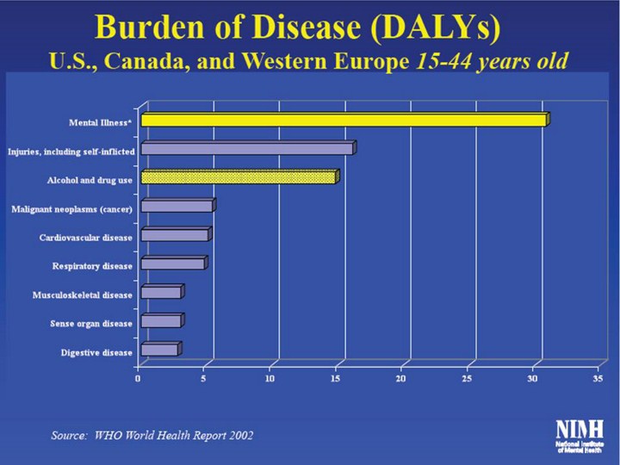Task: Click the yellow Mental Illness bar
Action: (343, 120)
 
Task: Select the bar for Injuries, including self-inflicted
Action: (247, 149)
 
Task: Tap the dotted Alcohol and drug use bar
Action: (239, 177)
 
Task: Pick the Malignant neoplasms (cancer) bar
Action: (177, 206)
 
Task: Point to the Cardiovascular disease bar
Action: (175, 235)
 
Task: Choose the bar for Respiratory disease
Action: (173, 263)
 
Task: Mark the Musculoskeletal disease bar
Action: (161, 293)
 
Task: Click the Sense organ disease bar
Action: (161, 321)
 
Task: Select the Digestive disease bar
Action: (159, 350)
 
